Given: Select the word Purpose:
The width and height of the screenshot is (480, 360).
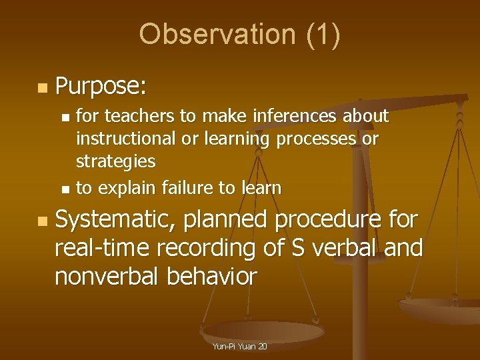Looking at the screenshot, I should (102, 87).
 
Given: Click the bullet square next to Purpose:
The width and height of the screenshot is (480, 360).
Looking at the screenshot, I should (42, 88).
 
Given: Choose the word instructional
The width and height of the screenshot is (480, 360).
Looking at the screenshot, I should (126, 139).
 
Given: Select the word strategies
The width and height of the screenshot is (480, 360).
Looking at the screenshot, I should (115, 162).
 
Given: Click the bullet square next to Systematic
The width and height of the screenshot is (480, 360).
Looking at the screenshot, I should (42, 220).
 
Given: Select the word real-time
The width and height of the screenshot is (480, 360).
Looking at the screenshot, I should (103, 247).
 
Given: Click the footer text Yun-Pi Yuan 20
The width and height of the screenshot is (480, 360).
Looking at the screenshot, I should (239, 347).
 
